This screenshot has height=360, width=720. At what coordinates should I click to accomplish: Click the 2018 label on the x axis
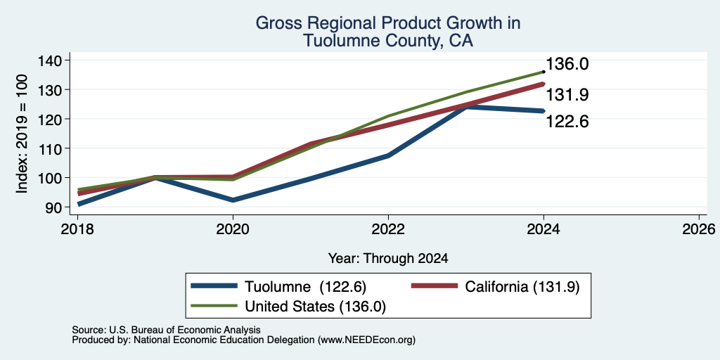coord(77,229)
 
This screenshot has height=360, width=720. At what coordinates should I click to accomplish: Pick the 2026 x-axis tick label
coord(699,229)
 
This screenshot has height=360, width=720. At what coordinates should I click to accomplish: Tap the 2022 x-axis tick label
coord(388,229)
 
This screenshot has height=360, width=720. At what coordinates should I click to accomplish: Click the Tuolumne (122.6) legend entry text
coord(305,287)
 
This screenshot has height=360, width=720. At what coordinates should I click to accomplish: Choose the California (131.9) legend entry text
coord(522,287)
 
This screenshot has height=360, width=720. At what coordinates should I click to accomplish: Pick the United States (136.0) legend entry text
coord(315,307)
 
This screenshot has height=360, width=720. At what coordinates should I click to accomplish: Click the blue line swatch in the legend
coord(214,286)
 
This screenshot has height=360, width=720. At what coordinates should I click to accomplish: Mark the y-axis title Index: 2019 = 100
coord(22,134)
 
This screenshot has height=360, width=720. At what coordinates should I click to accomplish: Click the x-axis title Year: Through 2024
coord(388,259)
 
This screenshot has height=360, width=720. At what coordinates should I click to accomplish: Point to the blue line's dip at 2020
coord(233,200)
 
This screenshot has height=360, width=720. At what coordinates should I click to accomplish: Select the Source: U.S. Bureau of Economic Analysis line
coord(166,330)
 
